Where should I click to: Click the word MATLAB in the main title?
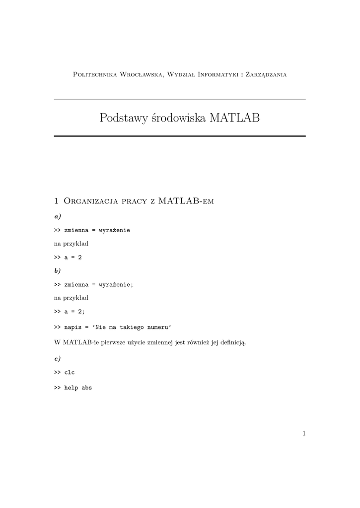235,118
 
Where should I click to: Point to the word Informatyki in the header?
218,75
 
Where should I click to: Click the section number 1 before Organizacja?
56,201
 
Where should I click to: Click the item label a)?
57,217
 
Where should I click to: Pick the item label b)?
57,271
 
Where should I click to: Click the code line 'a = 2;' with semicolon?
74,312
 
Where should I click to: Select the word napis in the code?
72,327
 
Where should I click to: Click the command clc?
70,372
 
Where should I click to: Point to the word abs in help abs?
86,388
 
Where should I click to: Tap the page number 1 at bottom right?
303,434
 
